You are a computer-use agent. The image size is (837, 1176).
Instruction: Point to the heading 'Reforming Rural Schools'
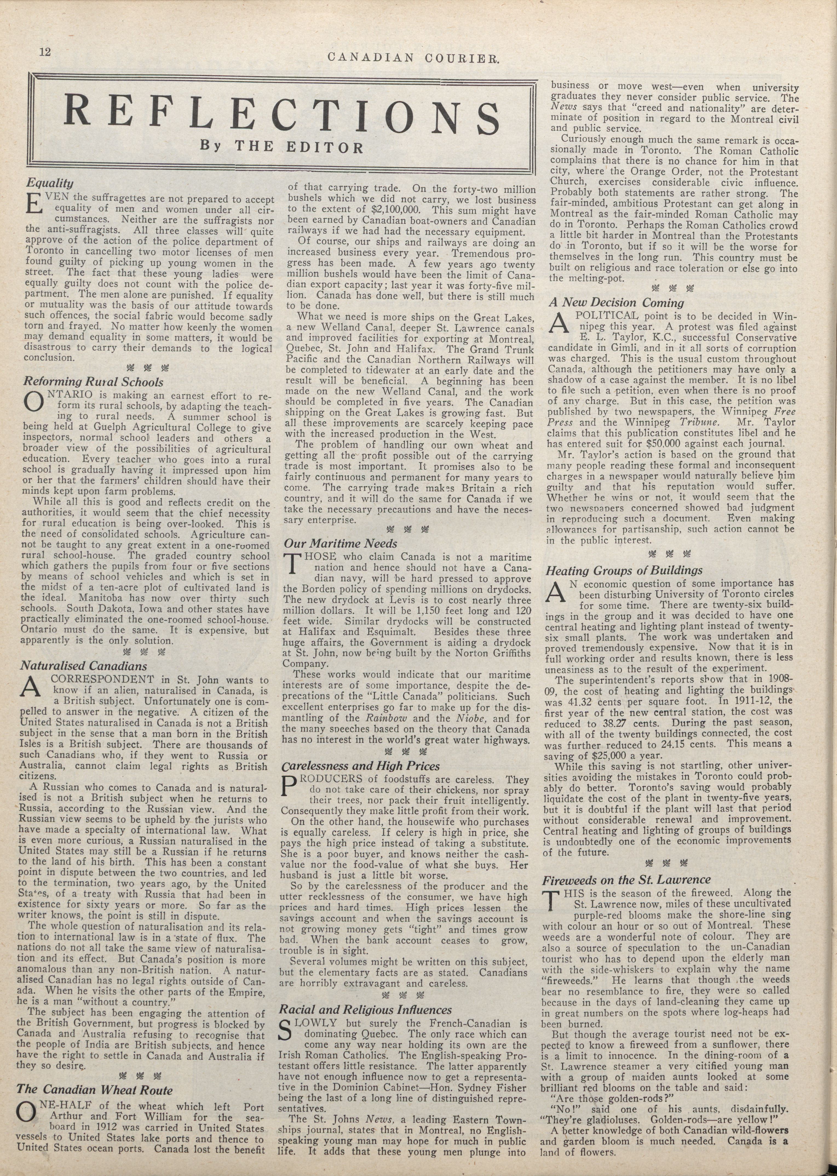point(93,382)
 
